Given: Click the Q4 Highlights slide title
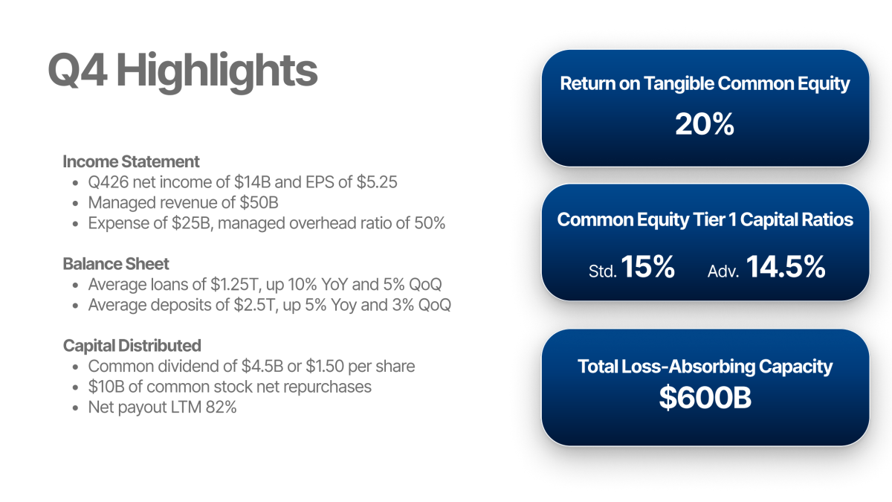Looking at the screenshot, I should [183, 71].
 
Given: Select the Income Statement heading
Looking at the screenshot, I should [131, 161].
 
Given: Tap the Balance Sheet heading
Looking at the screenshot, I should [116, 264].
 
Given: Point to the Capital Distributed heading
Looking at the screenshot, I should [132, 346].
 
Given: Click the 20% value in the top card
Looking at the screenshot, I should [704, 124].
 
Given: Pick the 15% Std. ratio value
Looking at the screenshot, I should [648, 268].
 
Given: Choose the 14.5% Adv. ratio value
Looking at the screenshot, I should [786, 268].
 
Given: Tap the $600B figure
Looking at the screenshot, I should [705, 399].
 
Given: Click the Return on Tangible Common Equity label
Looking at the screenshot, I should [705, 83].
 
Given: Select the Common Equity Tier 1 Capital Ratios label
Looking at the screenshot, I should [705, 220].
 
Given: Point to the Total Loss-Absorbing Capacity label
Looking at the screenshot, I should [705, 366].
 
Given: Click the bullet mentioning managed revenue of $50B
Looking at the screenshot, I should [184, 202].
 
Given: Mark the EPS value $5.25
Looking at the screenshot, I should [376, 182].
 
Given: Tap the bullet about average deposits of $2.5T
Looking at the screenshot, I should [269, 305].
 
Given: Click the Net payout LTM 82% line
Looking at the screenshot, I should [162, 407].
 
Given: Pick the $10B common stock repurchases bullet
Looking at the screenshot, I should [230, 387].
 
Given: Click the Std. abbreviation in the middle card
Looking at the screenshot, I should [602, 271].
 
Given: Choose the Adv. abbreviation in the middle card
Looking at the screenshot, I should [723, 271].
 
